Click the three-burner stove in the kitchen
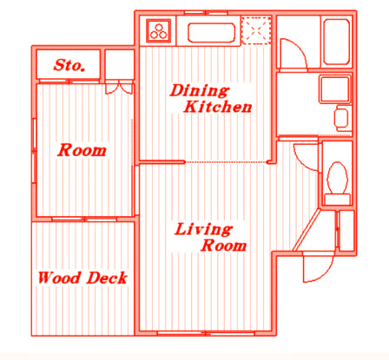(158, 29)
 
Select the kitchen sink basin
(211, 32)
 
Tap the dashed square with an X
(256, 30)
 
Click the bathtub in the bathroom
(336, 42)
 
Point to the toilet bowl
(337, 178)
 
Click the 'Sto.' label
(69, 65)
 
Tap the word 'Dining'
(200, 90)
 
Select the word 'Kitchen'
(218, 107)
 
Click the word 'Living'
(203, 229)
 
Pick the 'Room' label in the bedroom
(82, 150)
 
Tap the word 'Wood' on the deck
(59, 278)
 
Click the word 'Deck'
(107, 278)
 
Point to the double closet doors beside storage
(119, 88)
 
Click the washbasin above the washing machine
(334, 89)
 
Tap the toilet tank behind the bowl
(337, 200)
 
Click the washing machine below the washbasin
(341, 118)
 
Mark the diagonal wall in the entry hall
(307, 230)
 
